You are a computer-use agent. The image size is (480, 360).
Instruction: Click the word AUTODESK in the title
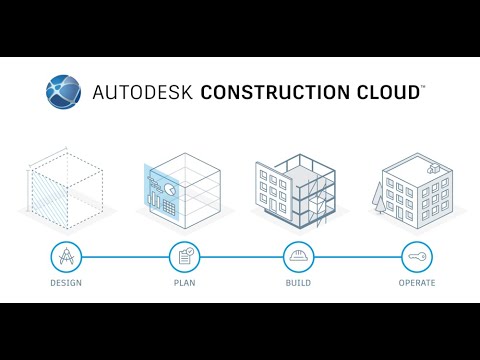pyautogui.click(x=142, y=92)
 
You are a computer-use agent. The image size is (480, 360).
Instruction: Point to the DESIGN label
pyautogui.click(x=65, y=283)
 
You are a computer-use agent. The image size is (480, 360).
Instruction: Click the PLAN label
pyautogui.click(x=183, y=283)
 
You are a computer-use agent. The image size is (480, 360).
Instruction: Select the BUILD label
pyautogui.click(x=299, y=283)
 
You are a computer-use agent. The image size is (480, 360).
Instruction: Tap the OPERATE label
pyautogui.click(x=416, y=283)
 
